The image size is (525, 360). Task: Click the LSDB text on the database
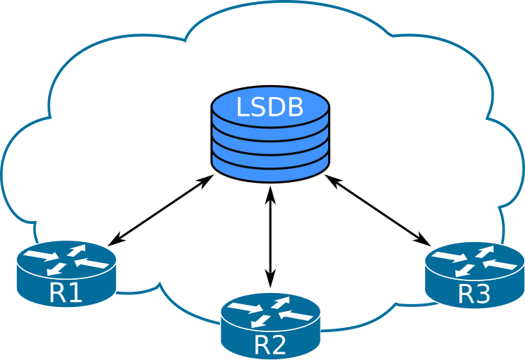pos(269,107)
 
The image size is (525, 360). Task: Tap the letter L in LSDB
pos(242,107)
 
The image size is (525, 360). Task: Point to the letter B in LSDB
pos(295,107)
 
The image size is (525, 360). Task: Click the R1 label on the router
pos(66,293)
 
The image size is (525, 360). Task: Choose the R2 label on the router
pos(270,345)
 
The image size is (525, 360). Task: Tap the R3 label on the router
pos(474,294)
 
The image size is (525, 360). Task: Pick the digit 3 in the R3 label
pos(482,294)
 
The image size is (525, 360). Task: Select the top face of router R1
pos(66,260)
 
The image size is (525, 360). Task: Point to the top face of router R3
pos(474,261)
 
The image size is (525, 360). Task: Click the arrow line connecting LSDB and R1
pos(161,209)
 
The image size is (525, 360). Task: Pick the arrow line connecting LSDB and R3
pos(377,209)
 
